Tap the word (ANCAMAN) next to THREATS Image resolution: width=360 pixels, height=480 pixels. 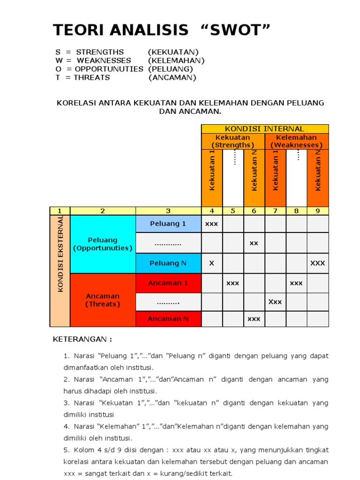click(x=172, y=77)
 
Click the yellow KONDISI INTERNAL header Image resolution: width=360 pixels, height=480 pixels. click(x=265, y=128)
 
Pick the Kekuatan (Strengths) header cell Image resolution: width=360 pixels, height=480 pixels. click(x=232, y=141)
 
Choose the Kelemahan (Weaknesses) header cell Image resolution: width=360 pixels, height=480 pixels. click(x=296, y=141)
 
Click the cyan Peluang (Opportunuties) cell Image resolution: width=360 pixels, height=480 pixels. click(x=103, y=244)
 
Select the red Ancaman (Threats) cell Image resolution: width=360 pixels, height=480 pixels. click(x=103, y=300)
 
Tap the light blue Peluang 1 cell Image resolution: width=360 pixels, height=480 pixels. click(x=168, y=224)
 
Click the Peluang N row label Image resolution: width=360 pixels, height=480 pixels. click(x=168, y=263)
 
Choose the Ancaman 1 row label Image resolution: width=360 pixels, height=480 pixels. click(x=168, y=283)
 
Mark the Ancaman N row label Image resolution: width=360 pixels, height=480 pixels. click(x=168, y=319)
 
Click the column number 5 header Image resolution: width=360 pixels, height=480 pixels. click(x=232, y=211)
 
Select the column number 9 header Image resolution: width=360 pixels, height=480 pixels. click(x=317, y=211)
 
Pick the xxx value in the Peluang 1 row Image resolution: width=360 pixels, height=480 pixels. click(x=211, y=224)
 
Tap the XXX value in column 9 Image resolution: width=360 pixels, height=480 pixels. click(x=317, y=263)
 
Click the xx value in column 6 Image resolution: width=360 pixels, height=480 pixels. click(x=254, y=243)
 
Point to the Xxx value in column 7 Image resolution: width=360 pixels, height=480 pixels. click(x=275, y=302)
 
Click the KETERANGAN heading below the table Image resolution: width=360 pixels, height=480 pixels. click(x=82, y=339)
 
